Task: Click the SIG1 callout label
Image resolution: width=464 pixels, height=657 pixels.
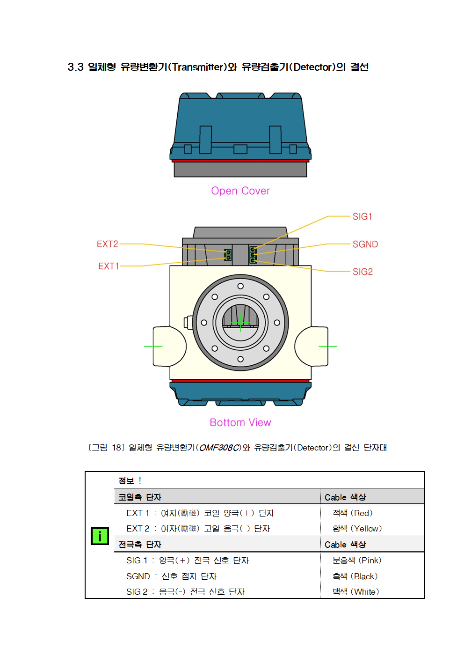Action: tap(362, 216)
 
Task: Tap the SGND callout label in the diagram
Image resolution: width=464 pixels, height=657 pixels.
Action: tap(365, 244)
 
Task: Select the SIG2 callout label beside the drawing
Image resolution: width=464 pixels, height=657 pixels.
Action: tap(362, 272)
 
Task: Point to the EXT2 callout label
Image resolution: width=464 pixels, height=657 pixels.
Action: tap(107, 244)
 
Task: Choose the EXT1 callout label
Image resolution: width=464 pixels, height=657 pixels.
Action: tap(109, 266)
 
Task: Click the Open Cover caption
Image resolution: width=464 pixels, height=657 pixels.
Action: tap(240, 191)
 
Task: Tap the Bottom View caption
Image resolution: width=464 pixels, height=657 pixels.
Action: tap(240, 422)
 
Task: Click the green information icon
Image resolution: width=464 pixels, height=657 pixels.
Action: tap(100, 536)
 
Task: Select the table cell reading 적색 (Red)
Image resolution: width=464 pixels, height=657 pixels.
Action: tap(352, 513)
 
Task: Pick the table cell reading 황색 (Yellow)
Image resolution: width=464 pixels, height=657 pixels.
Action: tap(357, 529)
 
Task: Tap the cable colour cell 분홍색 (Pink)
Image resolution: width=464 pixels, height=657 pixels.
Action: tap(357, 560)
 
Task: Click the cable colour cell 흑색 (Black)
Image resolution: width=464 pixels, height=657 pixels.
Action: tap(355, 576)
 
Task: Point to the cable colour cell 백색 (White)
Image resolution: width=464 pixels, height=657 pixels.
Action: tap(355, 591)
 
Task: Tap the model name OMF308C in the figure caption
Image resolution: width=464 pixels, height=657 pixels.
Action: tap(219, 448)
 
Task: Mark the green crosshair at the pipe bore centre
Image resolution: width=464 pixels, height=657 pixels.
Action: tap(240, 323)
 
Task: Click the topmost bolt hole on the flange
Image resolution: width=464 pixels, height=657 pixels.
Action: tap(240, 286)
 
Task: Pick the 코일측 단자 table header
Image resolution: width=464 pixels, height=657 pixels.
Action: tap(140, 497)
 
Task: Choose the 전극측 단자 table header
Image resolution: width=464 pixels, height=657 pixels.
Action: tap(140, 544)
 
